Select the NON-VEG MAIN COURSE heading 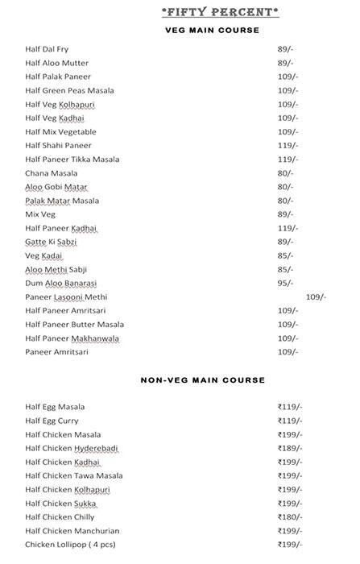(x=202, y=379)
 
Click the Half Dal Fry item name (x=48, y=49)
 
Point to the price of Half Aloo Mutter (x=286, y=63)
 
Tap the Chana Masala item (x=52, y=173)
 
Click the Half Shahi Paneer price (x=288, y=146)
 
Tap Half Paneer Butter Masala (x=74, y=325)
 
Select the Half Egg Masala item (x=55, y=407)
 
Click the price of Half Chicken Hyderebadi (x=290, y=448)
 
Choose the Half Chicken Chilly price (x=290, y=516)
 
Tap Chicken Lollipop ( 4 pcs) (x=70, y=544)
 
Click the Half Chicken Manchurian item (x=72, y=530)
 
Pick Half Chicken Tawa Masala (x=74, y=475)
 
